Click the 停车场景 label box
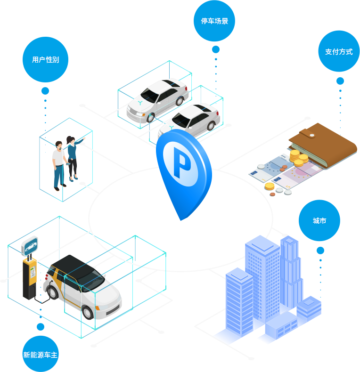[214, 21]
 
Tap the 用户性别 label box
[45, 60]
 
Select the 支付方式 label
[339, 51]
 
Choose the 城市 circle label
[319, 220]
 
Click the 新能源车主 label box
[41, 354]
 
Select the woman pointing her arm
[73, 158]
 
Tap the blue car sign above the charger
[30, 246]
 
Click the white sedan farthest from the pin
[158, 99]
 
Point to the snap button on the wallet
[311, 135]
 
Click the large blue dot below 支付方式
[340, 81]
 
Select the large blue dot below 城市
[320, 251]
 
